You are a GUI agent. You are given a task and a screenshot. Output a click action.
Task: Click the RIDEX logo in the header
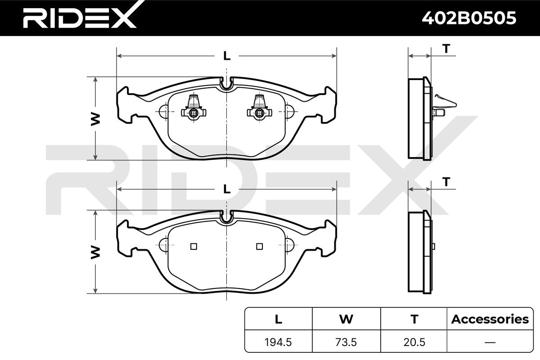point(79,18)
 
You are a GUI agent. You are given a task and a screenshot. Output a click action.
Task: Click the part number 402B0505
point(468,18)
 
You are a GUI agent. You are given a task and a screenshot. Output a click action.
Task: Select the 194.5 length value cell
point(279,342)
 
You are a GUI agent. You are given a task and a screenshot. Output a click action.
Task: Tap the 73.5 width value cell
point(346,342)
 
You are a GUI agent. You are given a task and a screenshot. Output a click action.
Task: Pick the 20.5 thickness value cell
point(414,342)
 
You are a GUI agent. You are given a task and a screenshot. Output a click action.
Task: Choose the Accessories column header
point(490,319)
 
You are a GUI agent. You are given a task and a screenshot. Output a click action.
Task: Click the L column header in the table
point(279,319)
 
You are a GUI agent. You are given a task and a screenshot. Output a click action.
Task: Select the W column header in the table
point(346,319)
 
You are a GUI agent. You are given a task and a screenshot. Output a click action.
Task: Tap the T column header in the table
point(414,319)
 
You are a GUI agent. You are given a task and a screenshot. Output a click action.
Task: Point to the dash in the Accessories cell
point(490,342)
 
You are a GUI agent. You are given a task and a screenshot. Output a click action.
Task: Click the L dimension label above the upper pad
point(227,56)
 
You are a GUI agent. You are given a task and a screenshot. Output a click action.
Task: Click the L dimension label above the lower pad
point(227,189)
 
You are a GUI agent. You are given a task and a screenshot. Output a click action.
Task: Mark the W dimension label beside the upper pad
point(95,118)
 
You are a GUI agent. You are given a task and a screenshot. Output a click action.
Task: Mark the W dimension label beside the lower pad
point(95,252)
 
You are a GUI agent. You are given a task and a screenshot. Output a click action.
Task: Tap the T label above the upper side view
point(446,49)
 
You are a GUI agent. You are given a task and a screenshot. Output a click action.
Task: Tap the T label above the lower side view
point(446,182)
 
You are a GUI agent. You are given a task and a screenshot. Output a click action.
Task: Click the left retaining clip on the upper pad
point(193,108)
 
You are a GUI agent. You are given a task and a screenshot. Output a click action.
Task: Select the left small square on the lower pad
point(193,246)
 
